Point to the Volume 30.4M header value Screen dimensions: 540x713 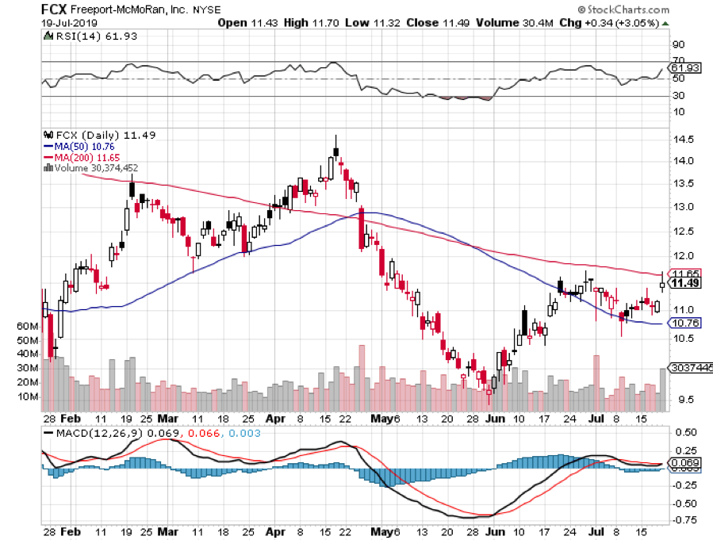504,24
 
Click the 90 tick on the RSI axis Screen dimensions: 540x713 678,44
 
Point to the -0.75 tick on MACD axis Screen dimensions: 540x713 684,519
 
